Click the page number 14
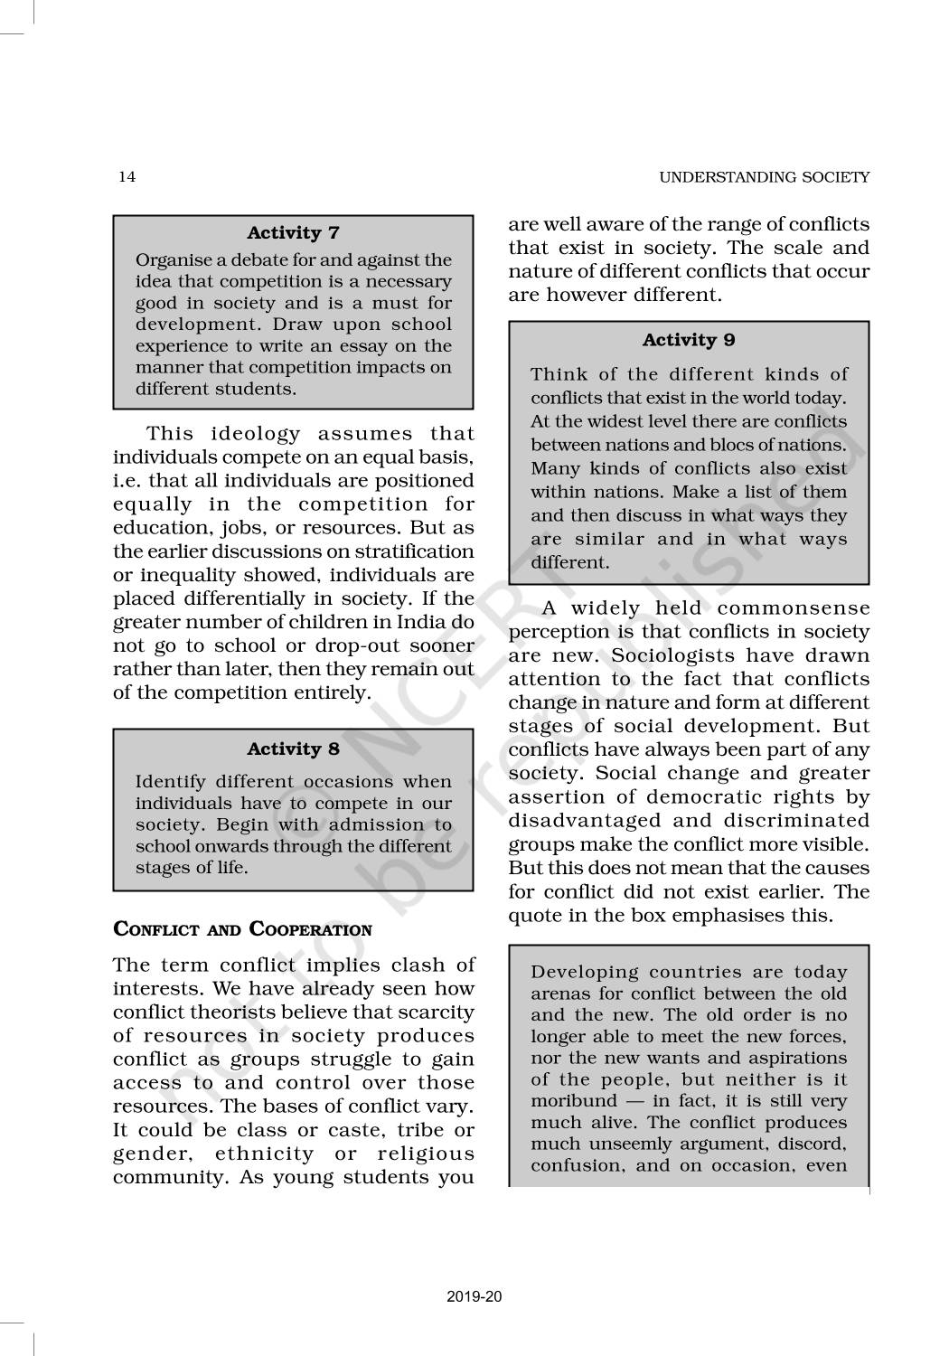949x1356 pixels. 127,177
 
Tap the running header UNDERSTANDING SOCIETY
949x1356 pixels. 764,177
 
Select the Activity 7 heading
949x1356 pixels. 293,233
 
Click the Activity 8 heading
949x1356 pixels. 293,749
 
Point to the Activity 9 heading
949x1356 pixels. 688,340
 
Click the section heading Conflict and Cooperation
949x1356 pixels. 242,929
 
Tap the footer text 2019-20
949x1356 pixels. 474,1296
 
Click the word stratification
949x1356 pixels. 413,551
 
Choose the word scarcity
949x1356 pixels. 437,1012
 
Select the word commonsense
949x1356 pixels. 794,608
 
